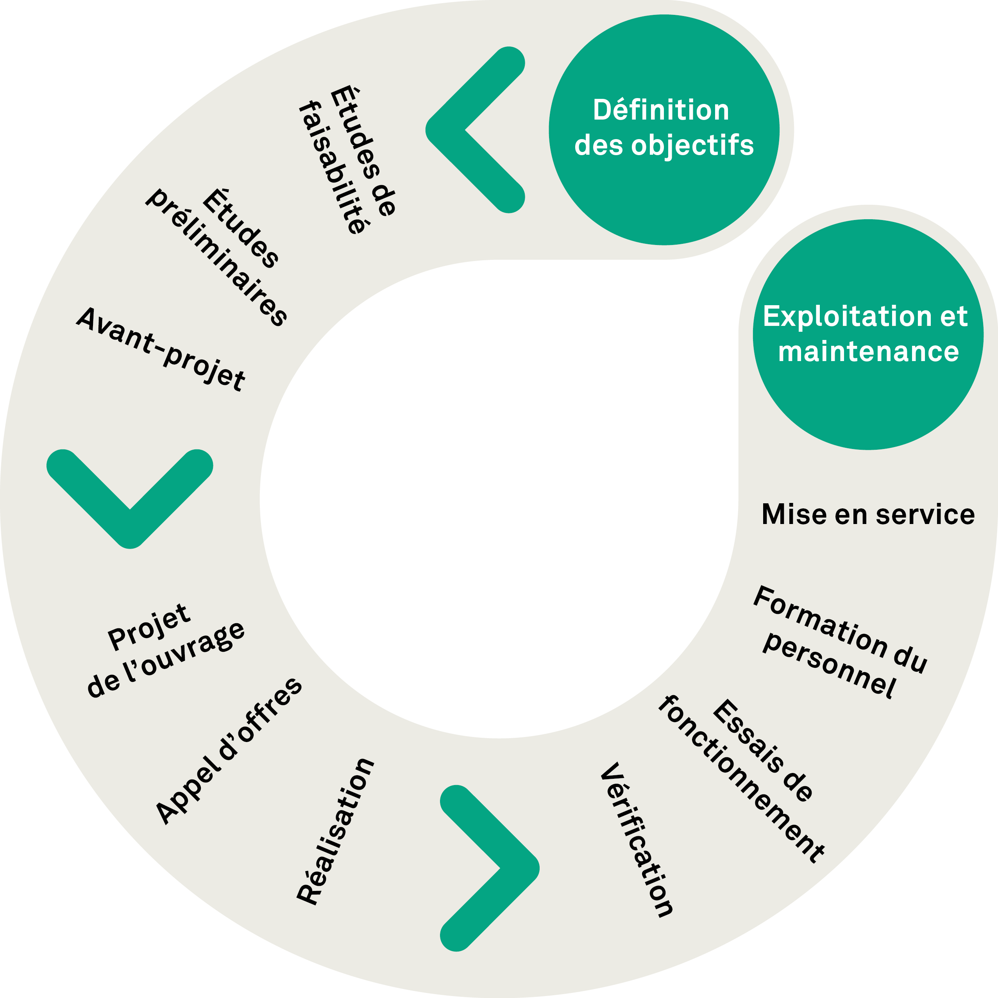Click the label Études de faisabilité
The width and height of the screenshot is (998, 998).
pos(347,160)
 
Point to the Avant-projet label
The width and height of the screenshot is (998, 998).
pos(161,349)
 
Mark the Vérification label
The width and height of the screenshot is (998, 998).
pos(637,839)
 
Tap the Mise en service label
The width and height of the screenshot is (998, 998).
pos(868,515)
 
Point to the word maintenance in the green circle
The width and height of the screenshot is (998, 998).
pos(868,352)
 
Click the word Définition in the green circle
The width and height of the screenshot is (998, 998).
pos(661,110)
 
